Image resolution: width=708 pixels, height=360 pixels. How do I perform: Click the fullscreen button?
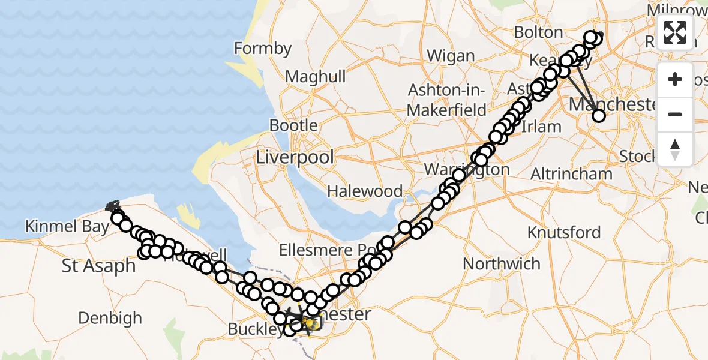click(675, 32)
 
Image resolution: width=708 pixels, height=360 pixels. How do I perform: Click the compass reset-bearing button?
click(675, 148)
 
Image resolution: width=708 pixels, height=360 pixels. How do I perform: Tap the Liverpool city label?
click(295, 157)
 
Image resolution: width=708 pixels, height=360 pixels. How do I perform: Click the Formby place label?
click(263, 48)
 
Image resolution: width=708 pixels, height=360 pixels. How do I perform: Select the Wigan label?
click(451, 56)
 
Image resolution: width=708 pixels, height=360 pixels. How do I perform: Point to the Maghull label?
click(316, 77)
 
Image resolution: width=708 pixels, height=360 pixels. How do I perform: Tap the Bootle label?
click(293, 125)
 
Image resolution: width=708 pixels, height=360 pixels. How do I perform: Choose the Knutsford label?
click(564, 232)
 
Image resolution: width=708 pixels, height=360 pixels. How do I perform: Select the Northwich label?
click(502, 263)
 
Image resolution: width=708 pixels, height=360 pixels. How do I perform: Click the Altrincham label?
click(572, 174)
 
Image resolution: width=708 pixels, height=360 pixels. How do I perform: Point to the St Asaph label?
click(99, 266)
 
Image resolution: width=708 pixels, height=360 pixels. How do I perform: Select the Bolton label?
click(538, 32)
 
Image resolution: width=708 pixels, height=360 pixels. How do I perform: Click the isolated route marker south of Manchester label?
click(599, 116)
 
